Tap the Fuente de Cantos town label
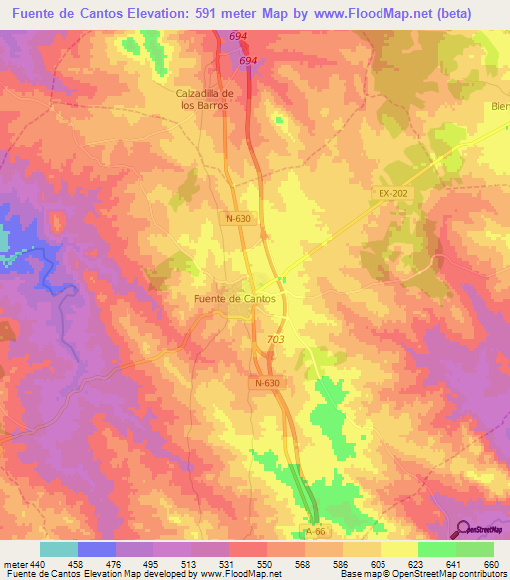click(x=234, y=298)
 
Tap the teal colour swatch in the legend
click(x=58, y=550)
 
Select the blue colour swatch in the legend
click(x=96, y=550)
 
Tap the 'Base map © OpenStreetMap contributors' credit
click(x=422, y=574)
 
